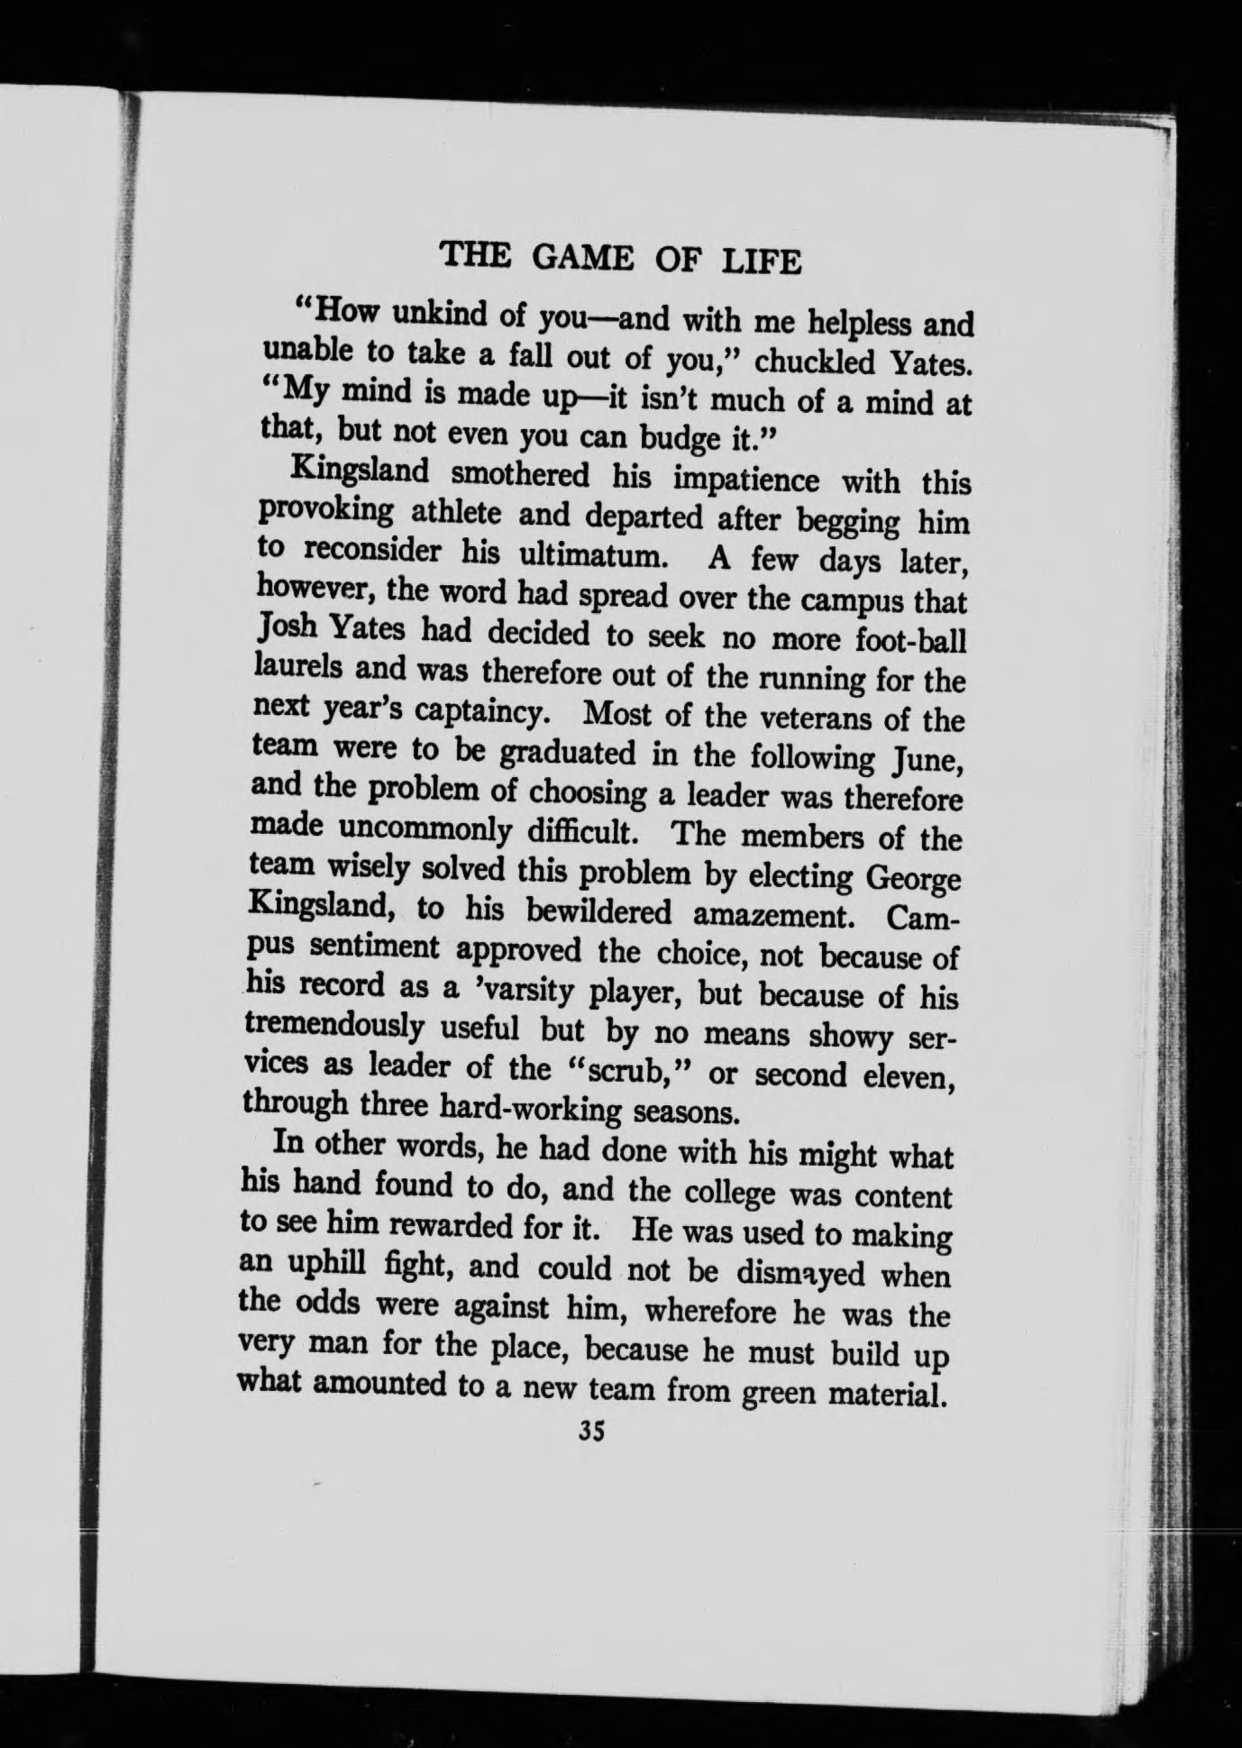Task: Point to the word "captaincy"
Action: pos(482,711)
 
